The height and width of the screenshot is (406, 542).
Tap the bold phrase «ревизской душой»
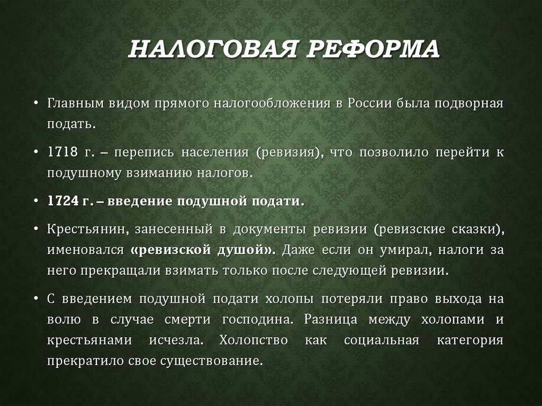[200, 250]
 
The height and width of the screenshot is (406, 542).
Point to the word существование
[219, 362]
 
